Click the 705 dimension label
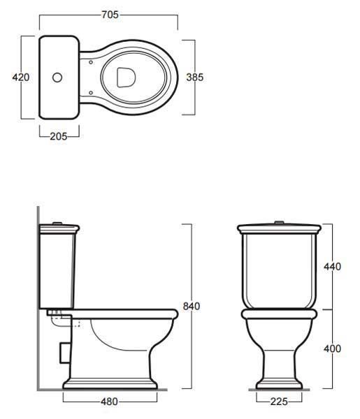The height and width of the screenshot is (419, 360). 110,15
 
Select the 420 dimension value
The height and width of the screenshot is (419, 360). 21,78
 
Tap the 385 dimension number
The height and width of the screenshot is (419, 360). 195,78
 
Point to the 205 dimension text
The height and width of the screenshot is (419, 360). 59,136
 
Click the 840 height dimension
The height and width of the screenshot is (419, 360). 192,306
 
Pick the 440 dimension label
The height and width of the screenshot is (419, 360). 332,267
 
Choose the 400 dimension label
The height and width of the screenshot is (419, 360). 332,348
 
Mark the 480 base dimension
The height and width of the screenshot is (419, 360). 109,402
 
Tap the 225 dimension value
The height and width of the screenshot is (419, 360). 279,402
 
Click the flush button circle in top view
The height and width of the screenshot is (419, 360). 57,78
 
